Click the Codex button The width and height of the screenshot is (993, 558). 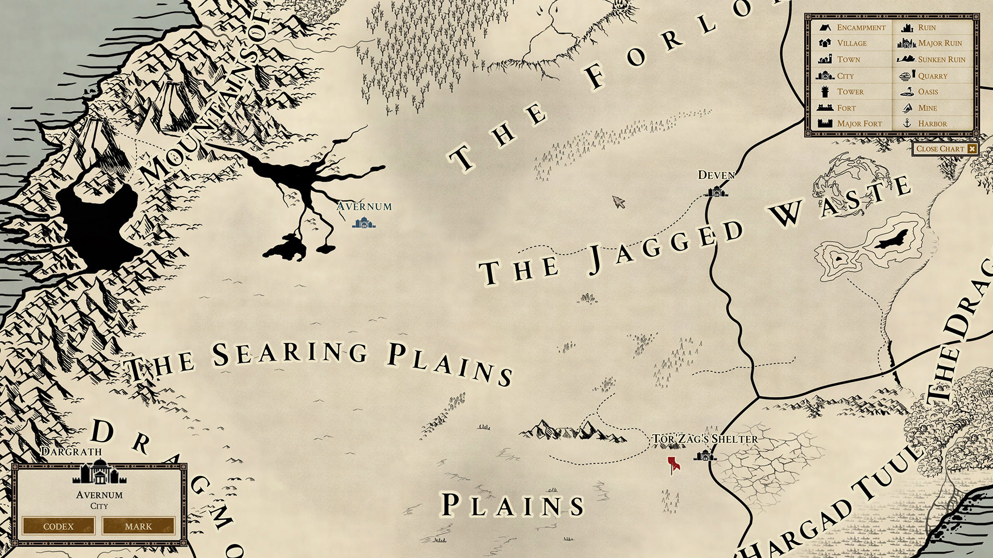(58, 526)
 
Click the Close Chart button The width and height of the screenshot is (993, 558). (945, 149)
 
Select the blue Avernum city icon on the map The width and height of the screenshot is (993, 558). (364, 223)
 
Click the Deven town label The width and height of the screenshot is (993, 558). (716, 175)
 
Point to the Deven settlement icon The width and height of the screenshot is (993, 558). (717, 192)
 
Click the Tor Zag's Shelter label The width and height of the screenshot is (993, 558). (704, 439)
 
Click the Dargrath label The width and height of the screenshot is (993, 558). (71, 452)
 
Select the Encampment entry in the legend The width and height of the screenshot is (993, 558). (861, 27)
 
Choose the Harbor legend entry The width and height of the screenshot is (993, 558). (932, 123)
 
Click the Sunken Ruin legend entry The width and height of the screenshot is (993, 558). (941, 59)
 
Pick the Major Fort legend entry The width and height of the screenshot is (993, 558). (859, 123)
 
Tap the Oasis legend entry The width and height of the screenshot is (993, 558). (928, 91)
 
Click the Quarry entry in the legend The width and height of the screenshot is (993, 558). (932, 76)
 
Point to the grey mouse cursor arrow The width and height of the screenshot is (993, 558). (618, 201)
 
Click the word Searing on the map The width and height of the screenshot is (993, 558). (290, 353)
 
